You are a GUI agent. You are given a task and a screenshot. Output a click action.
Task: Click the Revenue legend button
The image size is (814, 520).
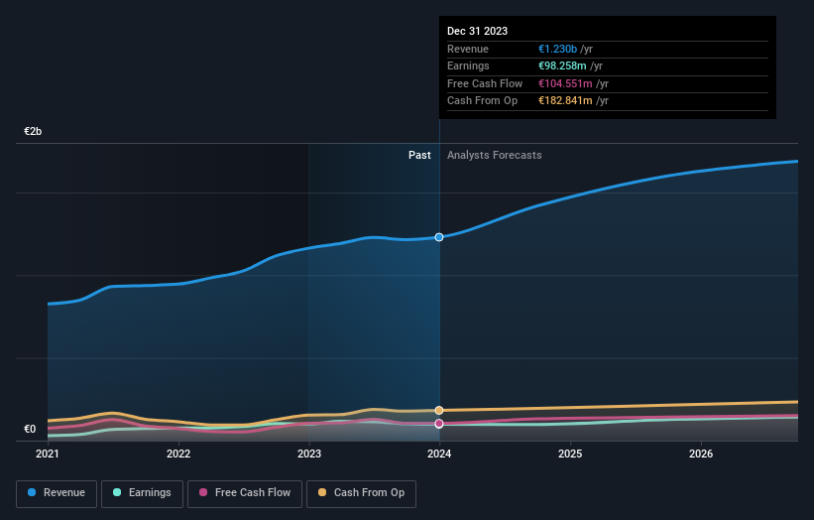57,492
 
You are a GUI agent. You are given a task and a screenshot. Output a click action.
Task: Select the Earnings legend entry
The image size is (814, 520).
142,492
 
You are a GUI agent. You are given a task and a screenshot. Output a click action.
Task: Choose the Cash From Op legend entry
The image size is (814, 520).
362,492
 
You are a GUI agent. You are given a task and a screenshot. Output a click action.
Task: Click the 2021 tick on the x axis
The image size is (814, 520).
48,455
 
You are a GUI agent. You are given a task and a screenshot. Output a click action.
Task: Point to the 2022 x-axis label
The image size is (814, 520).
178,455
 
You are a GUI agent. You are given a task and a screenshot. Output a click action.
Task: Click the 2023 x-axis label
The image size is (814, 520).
309,455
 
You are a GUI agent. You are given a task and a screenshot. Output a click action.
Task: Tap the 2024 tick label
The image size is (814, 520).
439,455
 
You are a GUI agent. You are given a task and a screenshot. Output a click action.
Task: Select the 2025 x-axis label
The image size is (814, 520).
570,455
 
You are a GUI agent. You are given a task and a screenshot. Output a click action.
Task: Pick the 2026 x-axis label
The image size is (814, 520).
701,455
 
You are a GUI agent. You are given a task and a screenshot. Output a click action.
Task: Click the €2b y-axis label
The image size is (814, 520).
34,132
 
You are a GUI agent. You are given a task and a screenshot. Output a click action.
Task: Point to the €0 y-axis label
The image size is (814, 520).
30,430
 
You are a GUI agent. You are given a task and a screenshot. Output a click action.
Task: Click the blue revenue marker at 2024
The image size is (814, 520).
439,236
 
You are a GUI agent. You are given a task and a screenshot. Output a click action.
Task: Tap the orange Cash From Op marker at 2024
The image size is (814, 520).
439,410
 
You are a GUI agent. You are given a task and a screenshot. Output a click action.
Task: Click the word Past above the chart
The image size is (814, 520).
419,155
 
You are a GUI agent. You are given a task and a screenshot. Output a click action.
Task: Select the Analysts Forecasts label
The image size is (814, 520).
495,155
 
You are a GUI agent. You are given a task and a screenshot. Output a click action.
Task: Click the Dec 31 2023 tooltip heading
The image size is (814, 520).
477,31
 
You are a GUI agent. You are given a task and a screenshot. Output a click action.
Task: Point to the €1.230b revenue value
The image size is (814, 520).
558,49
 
